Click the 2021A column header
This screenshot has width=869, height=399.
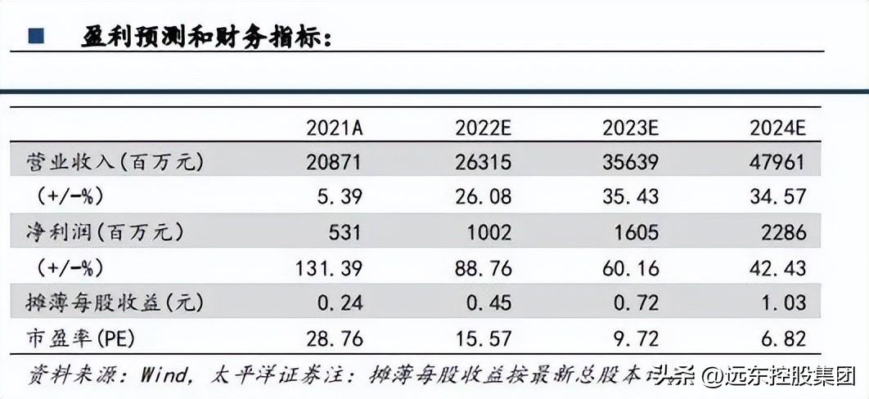coord(333,128)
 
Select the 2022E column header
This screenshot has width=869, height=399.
coord(483,128)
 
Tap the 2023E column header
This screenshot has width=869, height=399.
coord(630,128)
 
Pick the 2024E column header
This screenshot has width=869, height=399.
coord(777,128)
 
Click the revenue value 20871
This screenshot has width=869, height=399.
coord(333,162)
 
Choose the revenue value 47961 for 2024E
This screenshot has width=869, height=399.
coord(777,162)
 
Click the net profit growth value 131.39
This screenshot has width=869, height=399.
coord(327,267)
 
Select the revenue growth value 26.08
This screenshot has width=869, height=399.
coord(483,197)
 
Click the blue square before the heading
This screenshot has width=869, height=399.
coord(35,36)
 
